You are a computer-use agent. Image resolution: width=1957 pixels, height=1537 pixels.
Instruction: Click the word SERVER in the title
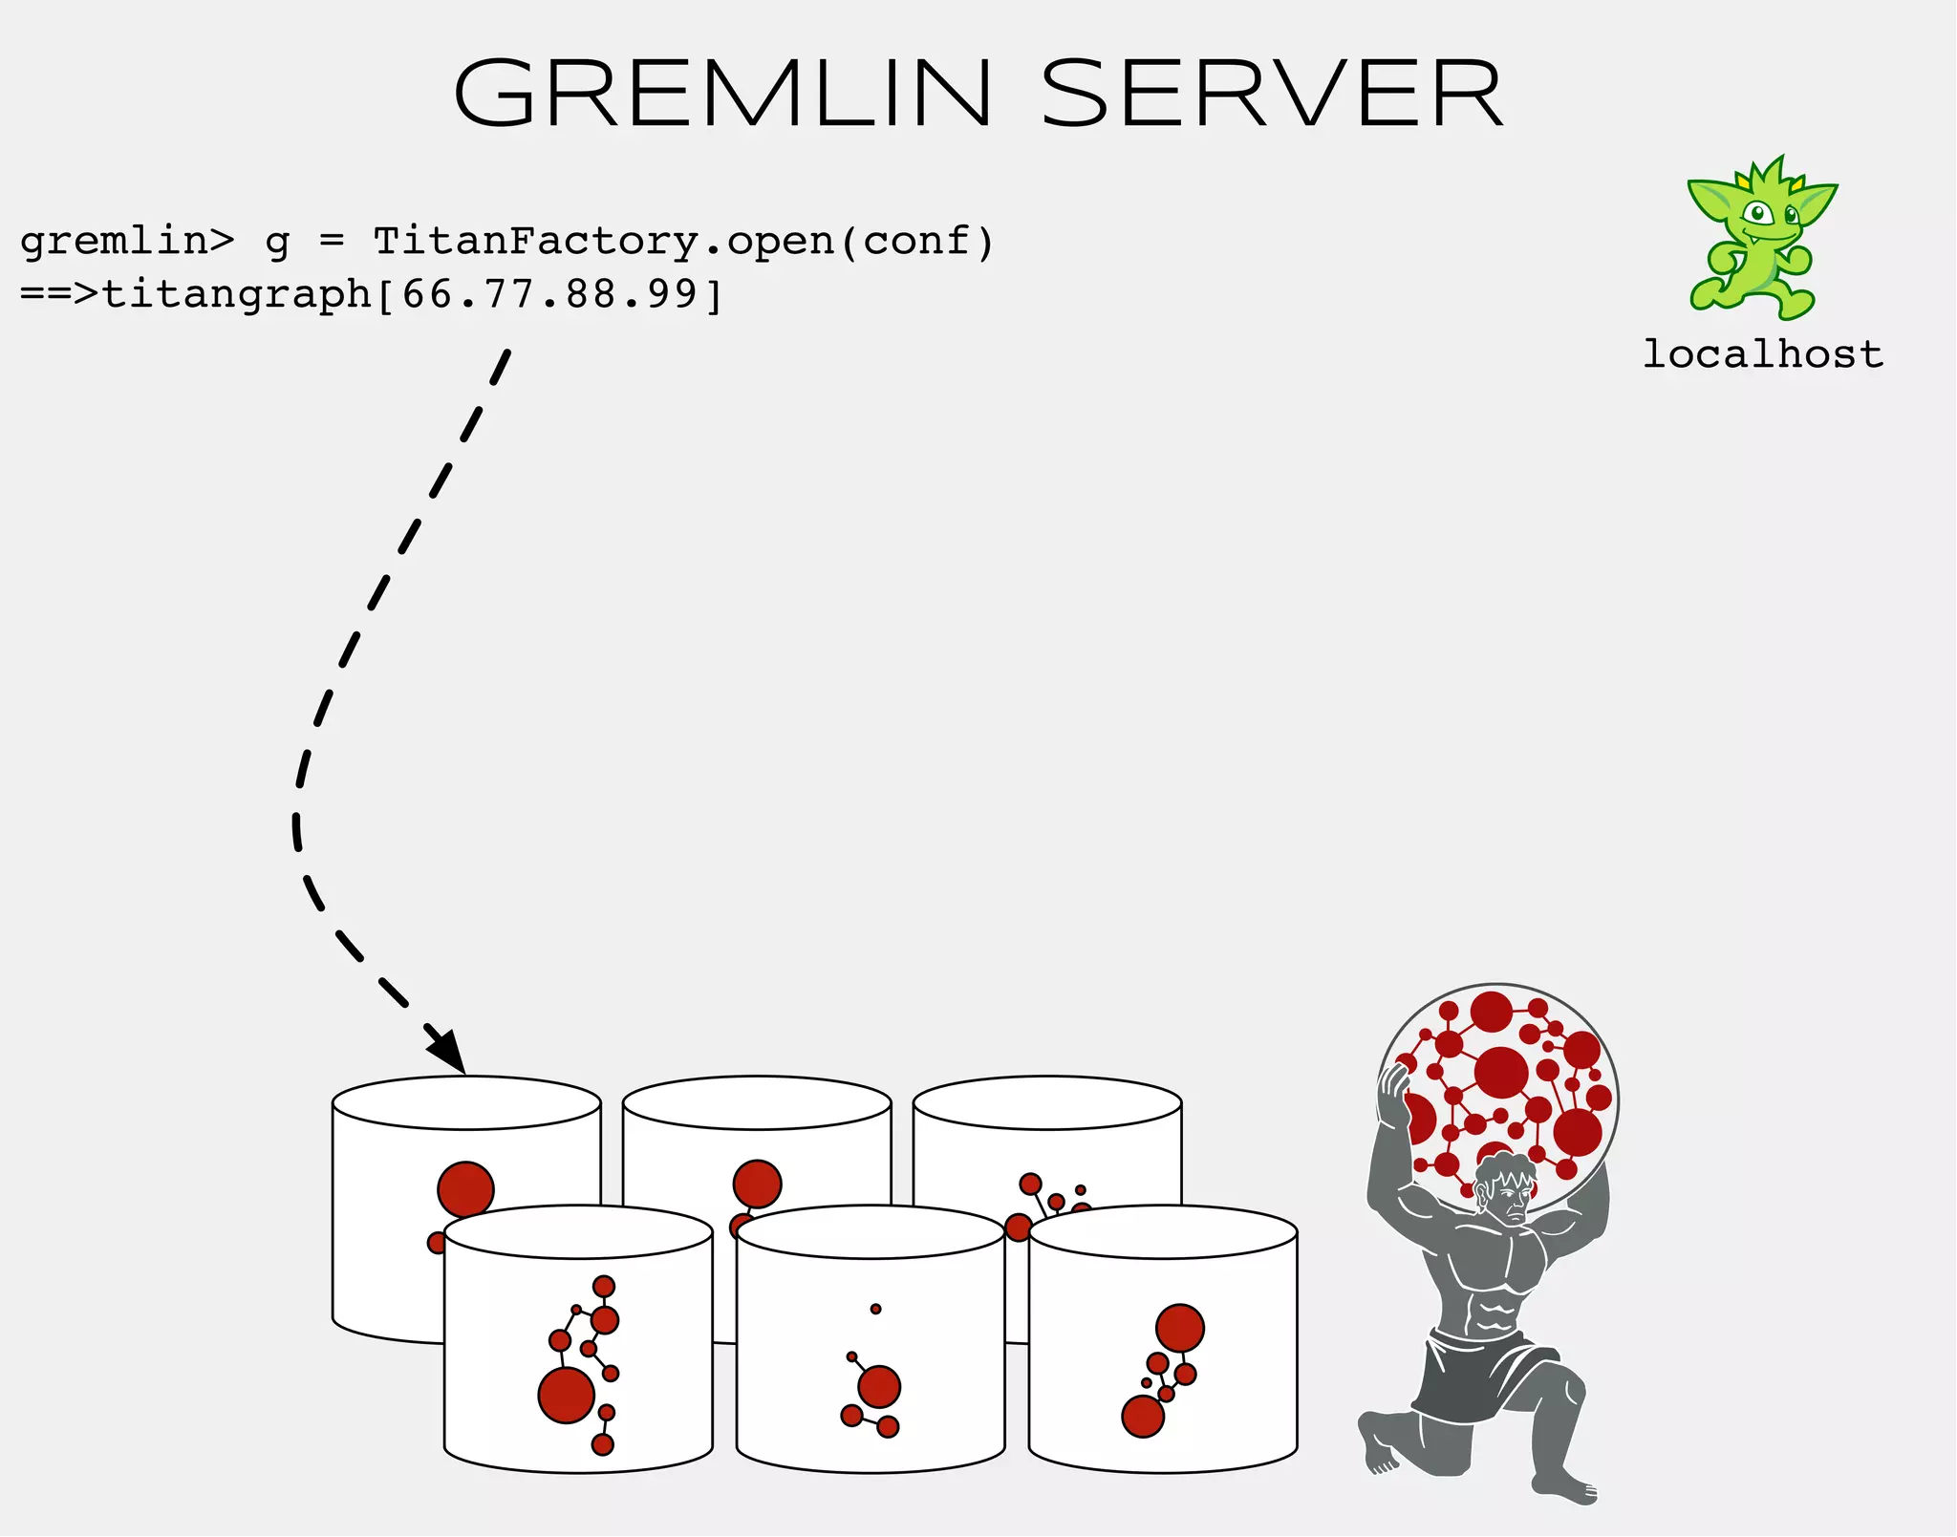1272,93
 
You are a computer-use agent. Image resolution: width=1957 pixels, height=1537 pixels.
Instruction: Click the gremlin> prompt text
126,241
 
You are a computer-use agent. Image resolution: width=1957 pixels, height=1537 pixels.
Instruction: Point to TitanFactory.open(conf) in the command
683,241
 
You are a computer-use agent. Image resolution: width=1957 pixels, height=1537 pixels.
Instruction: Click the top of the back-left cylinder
466,1103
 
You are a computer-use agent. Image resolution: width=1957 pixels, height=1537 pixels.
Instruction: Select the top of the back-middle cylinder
757,1103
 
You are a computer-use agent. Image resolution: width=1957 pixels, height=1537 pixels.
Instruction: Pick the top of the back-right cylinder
1047,1103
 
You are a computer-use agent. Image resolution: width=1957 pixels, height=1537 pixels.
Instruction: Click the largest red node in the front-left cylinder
567,1396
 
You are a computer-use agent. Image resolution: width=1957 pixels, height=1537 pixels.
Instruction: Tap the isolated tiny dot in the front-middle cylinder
875,1309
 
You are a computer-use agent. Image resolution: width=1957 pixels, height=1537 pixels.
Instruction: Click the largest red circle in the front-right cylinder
1180,1328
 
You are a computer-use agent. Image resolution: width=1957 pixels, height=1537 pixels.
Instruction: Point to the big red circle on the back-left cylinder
465,1189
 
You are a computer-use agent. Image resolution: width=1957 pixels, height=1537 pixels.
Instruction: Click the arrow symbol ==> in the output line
59,294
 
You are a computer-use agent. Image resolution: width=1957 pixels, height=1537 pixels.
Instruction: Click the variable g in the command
277,243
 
